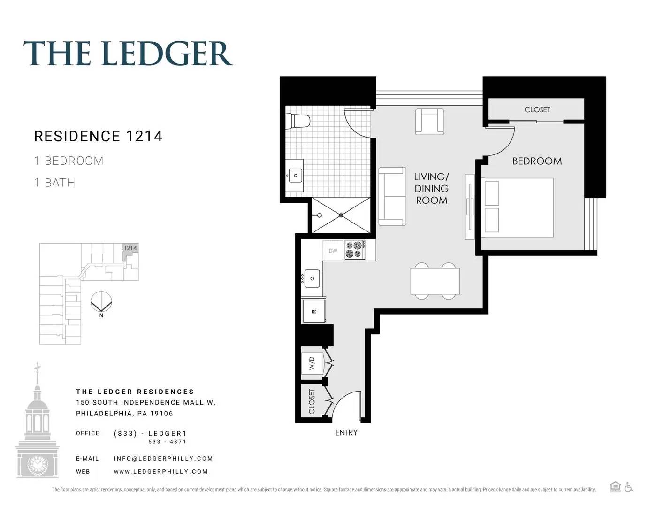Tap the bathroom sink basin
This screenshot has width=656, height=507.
coord(296,176)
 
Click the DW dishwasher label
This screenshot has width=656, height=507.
coord(333,251)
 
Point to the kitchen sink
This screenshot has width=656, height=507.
coord(312,278)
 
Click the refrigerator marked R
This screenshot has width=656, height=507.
coord(314,311)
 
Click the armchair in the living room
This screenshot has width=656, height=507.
coord(429,122)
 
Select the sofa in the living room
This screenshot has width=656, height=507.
coord(392,196)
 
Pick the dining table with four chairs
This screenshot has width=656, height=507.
coord(435,281)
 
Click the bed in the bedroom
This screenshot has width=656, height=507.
coord(518,207)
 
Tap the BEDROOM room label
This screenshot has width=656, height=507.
coord(537,161)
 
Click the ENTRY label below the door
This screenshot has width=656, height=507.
coord(346,433)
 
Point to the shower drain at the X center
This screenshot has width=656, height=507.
coord(341,215)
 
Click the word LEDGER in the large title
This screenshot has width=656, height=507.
coord(167,54)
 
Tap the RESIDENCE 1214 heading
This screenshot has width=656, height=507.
coord(99,136)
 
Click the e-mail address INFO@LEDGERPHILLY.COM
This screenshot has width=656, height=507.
coord(163,458)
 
